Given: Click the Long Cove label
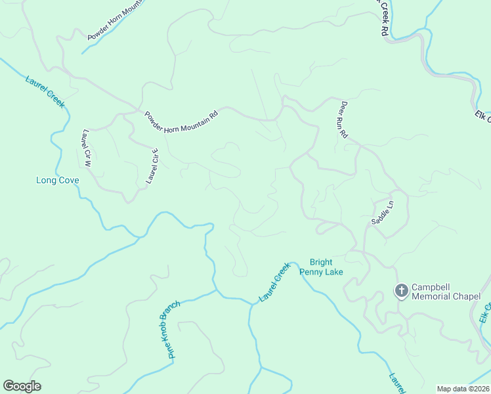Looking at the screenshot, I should pyautogui.click(x=58, y=181).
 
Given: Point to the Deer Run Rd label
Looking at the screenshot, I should pyautogui.click(x=343, y=119).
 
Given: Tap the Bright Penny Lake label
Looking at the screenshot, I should pyautogui.click(x=322, y=267).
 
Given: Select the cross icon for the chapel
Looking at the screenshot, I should pyautogui.click(x=401, y=291).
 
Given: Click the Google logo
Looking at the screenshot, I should pyautogui.click(x=22, y=386).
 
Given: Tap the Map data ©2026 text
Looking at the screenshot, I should pyautogui.click(x=463, y=389).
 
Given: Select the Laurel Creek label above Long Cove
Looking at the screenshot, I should pyautogui.click(x=46, y=93).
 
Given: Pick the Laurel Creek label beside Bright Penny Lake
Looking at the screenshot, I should pyautogui.click(x=274, y=282).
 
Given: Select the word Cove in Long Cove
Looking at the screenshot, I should pyautogui.click(x=68, y=181).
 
